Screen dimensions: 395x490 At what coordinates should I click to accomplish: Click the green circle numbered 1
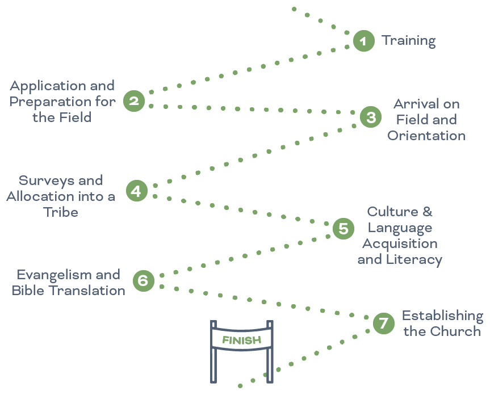tap(363, 41)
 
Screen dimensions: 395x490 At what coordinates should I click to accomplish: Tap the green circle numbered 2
tap(134, 102)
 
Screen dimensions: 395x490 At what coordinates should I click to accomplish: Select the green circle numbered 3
tap(371, 117)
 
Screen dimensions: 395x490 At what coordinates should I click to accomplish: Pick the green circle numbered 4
tap(136, 191)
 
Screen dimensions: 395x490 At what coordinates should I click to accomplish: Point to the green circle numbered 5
tap(343, 229)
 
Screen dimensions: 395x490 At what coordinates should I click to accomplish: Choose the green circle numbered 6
tap(143, 280)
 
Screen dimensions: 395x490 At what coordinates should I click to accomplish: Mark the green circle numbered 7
tap(383, 323)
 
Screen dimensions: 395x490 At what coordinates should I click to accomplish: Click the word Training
tap(408, 41)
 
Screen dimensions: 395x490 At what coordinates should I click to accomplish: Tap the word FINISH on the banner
tap(242, 341)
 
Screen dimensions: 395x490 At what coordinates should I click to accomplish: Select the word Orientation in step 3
tap(426, 136)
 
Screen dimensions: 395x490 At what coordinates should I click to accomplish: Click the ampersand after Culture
tap(426, 212)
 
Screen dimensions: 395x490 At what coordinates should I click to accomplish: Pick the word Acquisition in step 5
tap(400, 243)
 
